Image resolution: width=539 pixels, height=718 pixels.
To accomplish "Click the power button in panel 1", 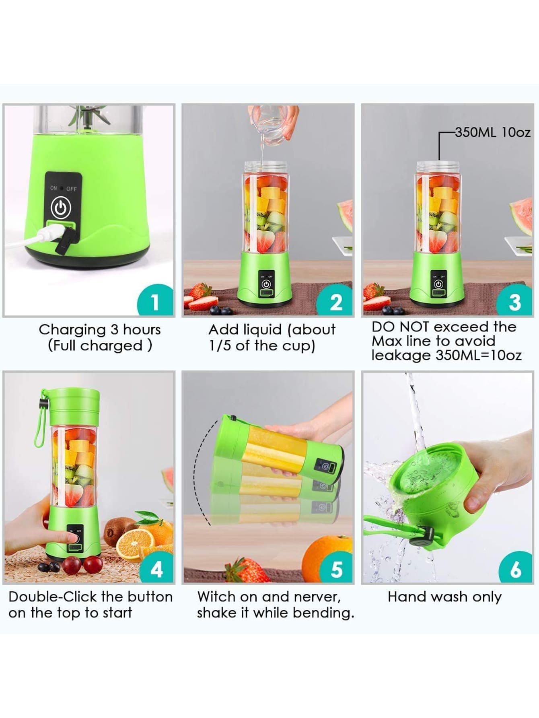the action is tap(61, 208).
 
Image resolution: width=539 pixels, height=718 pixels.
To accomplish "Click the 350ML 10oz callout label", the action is tap(493, 132).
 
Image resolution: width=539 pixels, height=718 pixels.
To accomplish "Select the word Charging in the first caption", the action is tap(72, 330).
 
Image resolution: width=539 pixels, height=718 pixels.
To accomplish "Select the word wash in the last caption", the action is tap(450, 597).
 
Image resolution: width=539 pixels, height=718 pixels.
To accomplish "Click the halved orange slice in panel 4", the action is tap(134, 543).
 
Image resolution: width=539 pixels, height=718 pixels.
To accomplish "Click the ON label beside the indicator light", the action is tap(53, 188).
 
